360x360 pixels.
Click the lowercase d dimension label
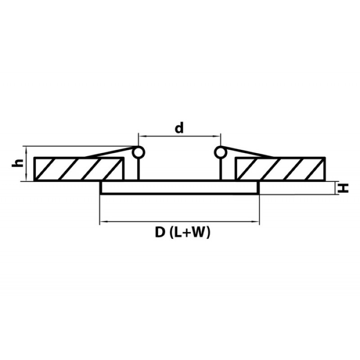(179, 128)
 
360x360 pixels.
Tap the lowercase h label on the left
(18, 163)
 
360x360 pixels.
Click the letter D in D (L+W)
(160, 232)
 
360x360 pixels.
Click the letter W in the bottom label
(198, 232)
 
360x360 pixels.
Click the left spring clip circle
(139, 153)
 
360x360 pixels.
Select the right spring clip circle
(220, 153)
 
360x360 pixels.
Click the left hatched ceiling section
(78, 169)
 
